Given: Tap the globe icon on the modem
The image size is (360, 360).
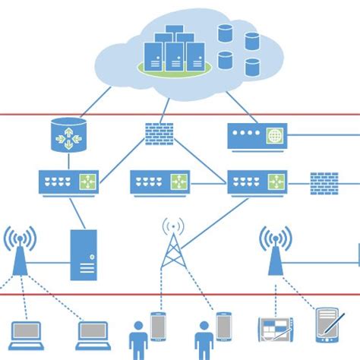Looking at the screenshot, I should (274, 137).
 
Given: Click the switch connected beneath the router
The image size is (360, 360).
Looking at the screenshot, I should (69, 182).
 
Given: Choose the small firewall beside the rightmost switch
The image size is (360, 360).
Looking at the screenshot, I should (324, 182).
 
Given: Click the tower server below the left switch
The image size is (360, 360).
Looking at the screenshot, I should (84, 254).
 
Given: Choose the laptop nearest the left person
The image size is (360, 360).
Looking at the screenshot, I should (93, 333).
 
